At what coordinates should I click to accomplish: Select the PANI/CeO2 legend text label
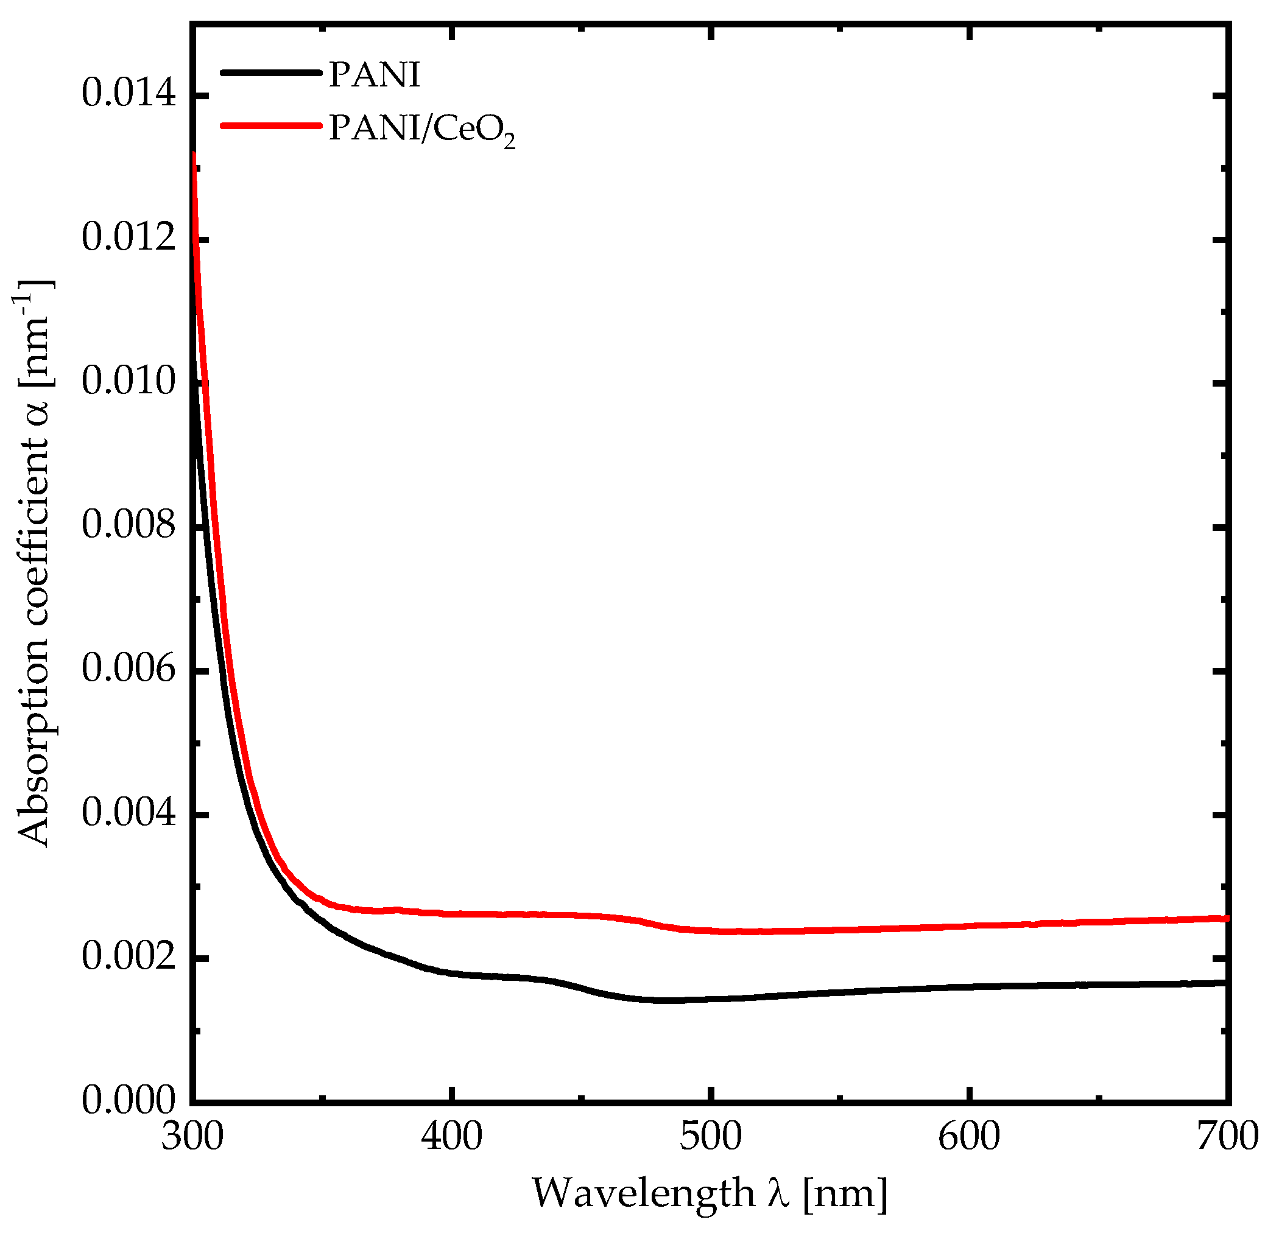click(x=421, y=128)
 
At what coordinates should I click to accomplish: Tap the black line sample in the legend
click(x=271, y=72)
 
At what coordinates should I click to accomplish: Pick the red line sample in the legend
click(x=271, y=125)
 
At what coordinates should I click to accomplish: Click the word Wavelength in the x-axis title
click(x=643, y=1194)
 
